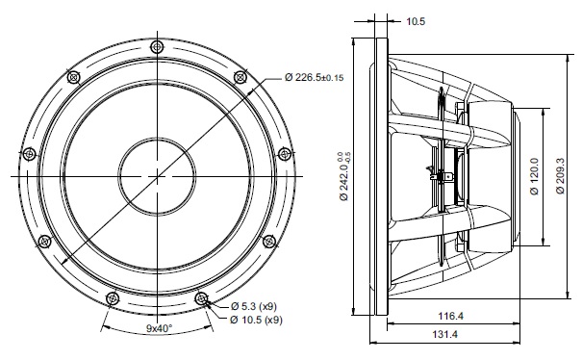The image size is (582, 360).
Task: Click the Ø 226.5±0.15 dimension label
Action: (x=314, y=77)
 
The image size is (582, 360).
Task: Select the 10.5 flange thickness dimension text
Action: (x=416, y=21)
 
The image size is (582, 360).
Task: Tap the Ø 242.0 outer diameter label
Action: (x=344, y=176)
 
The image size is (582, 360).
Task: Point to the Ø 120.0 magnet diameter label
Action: (x=534, y=176)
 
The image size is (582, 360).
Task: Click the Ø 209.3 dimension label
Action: (x=560, y=176)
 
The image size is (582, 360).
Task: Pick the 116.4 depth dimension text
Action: (x=450, y=316)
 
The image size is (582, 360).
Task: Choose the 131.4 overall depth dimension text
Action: (x=444, y=334)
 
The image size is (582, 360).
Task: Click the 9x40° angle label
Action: (x=159, y=328)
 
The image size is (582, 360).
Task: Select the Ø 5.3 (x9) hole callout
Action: (x=254, y=306)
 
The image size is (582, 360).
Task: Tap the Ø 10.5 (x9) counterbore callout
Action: (x=256, y=320)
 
